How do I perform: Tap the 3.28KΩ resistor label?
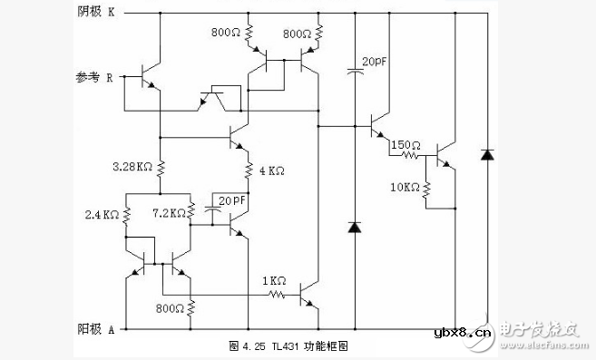pyautogui.click(x=132, y=167)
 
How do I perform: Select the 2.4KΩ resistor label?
pyautogui.click(x=101, y=215)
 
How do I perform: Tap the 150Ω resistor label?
pyautogui.click(x=405, y=144)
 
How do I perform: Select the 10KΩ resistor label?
pyautogui.click(x=405, y=188)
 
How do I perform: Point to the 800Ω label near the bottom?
pyautogui.click(x=171, y=308)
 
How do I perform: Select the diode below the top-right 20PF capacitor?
pyautogui.click(x=354, y=227)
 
